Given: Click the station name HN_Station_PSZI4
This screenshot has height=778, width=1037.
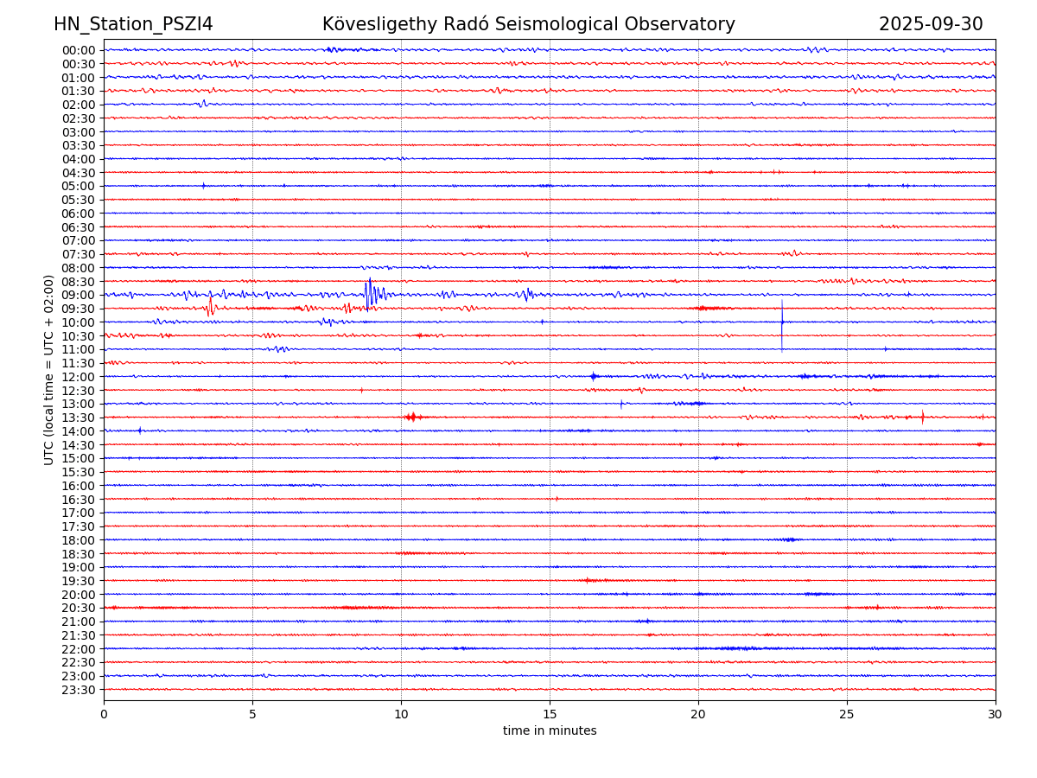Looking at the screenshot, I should [133, 24].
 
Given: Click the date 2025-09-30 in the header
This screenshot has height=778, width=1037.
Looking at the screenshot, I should [931, 24].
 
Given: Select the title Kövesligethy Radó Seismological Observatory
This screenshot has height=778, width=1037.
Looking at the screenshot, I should [528, 24].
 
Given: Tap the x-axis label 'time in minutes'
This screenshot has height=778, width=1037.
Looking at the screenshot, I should [550, 731].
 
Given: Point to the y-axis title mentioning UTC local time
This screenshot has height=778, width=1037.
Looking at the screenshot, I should [49, 369].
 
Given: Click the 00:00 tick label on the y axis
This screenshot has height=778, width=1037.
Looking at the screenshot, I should [79, 50].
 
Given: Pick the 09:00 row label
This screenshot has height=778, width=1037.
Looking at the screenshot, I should [79, 295].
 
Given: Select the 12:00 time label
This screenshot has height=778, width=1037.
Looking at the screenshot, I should [79, 377].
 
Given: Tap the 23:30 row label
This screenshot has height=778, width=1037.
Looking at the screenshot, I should [79, 690].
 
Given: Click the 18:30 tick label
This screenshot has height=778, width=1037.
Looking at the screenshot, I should [79, 554].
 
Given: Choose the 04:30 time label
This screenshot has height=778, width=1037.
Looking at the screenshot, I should [79, 173].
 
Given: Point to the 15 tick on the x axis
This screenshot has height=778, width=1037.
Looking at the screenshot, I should [550, 715].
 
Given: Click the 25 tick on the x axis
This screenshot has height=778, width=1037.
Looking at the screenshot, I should [847, 715].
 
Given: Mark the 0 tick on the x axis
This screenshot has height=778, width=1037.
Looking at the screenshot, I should [104, 715].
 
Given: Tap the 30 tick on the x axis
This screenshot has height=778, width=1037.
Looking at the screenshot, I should [996, 715].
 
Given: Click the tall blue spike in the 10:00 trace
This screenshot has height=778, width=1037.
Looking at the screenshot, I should [782, 324].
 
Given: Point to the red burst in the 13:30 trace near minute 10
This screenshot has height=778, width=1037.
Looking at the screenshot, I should [411, 418].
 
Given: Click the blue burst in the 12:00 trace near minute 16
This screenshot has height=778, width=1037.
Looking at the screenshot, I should [594, 376].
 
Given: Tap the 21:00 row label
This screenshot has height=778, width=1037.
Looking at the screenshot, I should [79, 622].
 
